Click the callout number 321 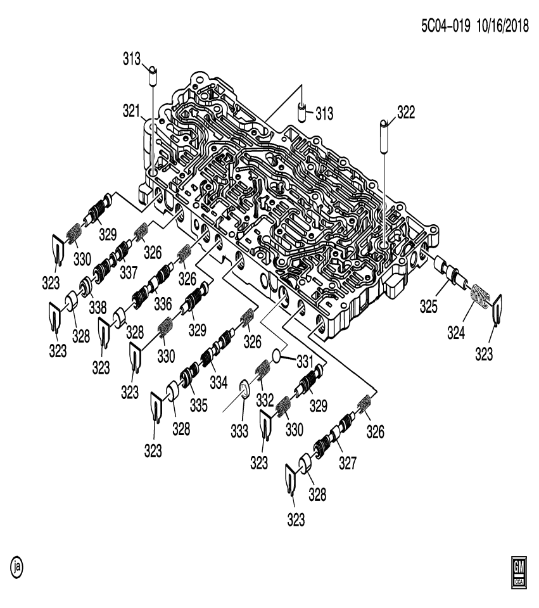click(131, 111)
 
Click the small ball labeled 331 click(277, 355)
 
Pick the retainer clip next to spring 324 click(496, 310)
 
